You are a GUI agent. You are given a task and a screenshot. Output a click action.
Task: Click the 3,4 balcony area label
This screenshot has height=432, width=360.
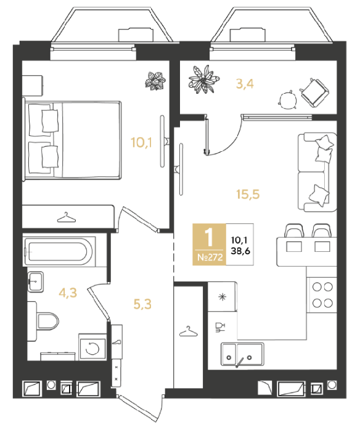[245, 84]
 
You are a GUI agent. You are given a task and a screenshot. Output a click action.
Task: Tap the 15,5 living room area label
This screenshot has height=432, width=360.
[248, 194]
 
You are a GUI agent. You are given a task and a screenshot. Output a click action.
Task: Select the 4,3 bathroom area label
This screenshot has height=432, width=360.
[68, 293]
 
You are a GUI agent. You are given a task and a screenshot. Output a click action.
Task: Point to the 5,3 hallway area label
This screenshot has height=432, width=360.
[142, 304]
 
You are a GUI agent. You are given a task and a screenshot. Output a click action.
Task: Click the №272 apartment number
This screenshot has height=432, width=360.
[210, 257]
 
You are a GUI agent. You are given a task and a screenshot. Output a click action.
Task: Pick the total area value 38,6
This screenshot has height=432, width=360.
[240, 251]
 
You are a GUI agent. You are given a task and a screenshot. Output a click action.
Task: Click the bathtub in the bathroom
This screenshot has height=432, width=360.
[59, 251]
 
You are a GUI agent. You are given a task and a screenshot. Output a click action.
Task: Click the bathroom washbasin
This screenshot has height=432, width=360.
[35, 281]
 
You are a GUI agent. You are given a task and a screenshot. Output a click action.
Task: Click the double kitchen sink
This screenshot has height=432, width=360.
[242, 354]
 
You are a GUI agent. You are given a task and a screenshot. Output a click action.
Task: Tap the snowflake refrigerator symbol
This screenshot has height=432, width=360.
[222, 297]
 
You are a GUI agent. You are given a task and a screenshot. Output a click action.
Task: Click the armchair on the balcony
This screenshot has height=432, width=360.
[314, 93]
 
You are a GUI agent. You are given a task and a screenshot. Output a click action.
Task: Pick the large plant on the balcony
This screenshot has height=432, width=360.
[203, 79]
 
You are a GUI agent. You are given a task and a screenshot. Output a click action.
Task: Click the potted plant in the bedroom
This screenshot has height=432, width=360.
[155, 80]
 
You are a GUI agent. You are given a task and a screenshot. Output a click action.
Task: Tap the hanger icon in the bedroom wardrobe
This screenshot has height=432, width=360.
[66, 218]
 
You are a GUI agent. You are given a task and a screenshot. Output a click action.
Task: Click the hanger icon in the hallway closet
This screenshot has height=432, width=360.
[188, 331]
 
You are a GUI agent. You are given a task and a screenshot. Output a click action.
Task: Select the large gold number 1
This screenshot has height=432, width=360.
[209, 237]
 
